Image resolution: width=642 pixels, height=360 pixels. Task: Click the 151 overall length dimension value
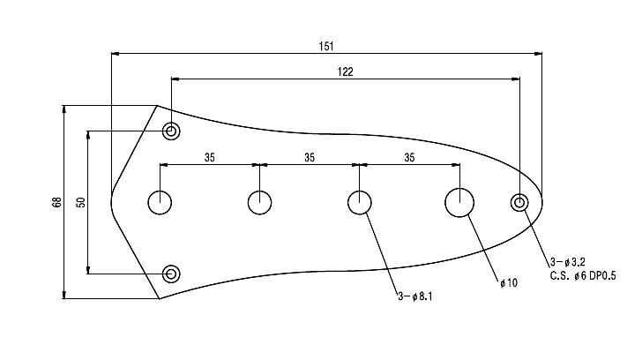[326, 45]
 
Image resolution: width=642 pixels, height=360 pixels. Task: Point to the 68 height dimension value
[56, 202]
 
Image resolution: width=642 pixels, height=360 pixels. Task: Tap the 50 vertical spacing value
[80, 202]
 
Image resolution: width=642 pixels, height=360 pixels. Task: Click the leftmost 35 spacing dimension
[210, 158]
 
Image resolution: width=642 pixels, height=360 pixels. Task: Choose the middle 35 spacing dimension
[309, 158]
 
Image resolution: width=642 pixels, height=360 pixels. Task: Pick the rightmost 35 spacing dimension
[409, 158]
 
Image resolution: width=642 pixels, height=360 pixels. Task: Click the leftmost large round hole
[160, 202]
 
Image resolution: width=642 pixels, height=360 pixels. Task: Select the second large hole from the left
[259, 202]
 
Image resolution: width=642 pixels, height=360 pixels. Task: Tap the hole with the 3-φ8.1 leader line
[359, 202]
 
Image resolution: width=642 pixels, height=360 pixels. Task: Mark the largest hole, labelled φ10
[459, 202]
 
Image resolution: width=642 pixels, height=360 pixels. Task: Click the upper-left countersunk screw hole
[171, 132]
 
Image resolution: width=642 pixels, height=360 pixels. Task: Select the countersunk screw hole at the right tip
[519, 203]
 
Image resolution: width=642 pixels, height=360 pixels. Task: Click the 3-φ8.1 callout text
[415, 296]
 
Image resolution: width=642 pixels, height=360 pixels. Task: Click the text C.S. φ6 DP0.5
[583, 275]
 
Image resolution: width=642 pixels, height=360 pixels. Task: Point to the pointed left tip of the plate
[112, 202]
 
